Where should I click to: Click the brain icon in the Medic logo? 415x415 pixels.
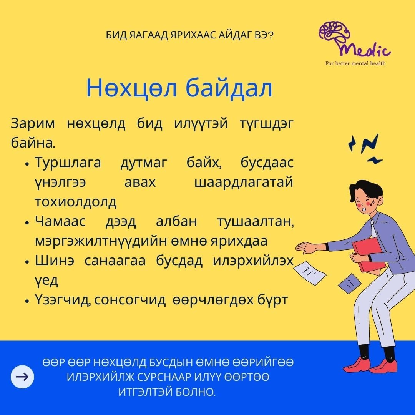(x=334, y=34)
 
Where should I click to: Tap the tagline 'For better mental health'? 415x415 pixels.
(x=355, y=63)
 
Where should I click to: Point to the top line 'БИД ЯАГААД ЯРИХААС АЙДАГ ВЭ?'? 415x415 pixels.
(x=190, y=35)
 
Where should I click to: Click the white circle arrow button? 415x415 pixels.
(x=22, y=377)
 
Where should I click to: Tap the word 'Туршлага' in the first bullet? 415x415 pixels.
(x=68, y=163)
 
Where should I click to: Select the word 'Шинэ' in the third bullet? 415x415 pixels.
(x=55, y=261)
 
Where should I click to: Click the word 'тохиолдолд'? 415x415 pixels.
(x=76, y=202)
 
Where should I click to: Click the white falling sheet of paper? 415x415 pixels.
(x=310, y=273)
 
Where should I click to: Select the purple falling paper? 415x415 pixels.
(x=350, y=283)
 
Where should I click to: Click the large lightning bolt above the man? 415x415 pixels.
(x=370, y=144)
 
